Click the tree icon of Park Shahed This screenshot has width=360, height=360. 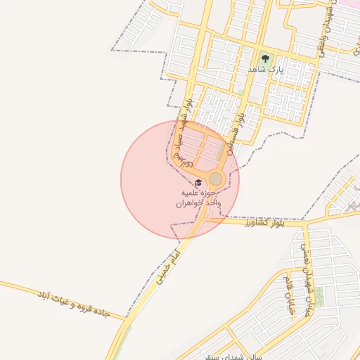pyautogui.click(x=265, y=59)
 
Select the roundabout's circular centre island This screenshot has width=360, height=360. pyautogui.click(x=216, y=179)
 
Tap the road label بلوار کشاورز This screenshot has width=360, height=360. pyautogui.click(x=266, y=223)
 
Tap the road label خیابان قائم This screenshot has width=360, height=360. pyautogui.click(x=288, y=295)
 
